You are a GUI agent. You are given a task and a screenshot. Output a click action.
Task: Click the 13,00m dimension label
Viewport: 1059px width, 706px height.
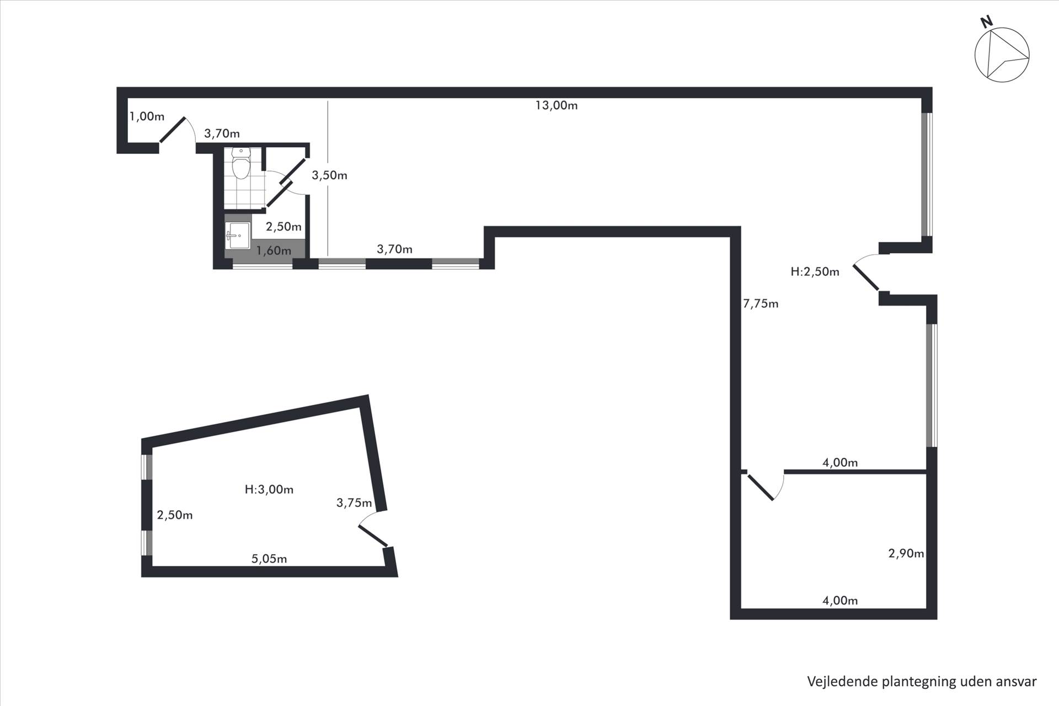[x=557, y=105]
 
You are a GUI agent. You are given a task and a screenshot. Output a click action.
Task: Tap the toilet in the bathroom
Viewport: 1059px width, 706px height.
[x=241, y=163]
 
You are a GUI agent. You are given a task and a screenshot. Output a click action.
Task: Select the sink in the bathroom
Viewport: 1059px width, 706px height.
[x=238, y=236]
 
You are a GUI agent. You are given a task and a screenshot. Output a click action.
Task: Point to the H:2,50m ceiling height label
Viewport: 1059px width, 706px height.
[x=815, y=271]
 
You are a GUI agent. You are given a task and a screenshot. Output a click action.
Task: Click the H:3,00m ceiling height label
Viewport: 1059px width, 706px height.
[x=269, y=489]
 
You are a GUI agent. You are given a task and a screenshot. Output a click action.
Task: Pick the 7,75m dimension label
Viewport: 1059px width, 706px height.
[x=761, y=303]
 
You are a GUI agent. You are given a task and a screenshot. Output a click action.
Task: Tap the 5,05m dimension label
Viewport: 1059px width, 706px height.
[x=269, y=559]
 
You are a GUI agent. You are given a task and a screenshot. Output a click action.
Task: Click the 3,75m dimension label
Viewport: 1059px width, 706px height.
[x=354, y=502]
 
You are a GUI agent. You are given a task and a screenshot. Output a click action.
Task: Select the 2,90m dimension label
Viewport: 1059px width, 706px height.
[x=906, y=553]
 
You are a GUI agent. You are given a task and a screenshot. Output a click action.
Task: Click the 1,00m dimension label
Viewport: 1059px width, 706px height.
[x=147, y=116]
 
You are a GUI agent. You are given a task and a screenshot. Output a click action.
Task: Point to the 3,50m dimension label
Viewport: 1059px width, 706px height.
[x=329, y=175]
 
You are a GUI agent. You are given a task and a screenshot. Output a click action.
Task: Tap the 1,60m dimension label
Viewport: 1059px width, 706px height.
[x=274, y=251]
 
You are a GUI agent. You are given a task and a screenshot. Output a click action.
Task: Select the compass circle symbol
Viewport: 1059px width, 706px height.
[x=1002, y=55]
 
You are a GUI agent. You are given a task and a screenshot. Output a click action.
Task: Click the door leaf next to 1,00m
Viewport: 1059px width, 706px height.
[x=172, y=130]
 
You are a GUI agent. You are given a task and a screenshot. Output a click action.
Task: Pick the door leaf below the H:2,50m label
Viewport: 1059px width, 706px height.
[x=866, y=277]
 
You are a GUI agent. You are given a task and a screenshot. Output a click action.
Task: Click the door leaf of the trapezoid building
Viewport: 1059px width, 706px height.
[x=373, y=536]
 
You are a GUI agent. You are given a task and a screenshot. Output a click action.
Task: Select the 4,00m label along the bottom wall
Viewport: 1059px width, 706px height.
[x=840, y=601]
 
